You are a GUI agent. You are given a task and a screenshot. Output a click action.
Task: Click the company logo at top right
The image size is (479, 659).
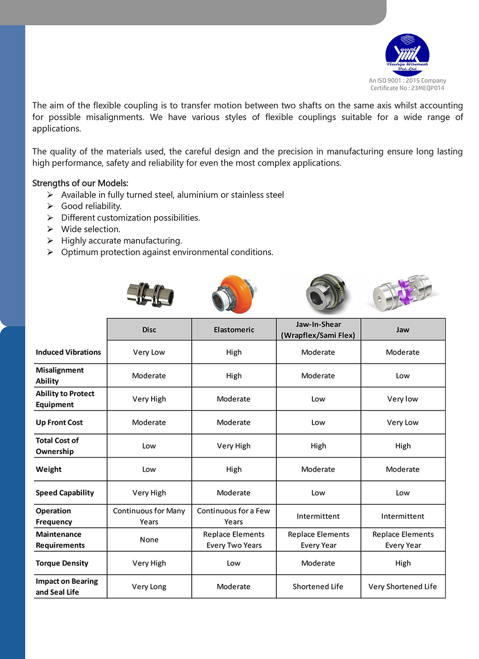point(407,55)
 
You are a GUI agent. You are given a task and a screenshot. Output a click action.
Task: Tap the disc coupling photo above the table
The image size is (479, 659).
point(150,294)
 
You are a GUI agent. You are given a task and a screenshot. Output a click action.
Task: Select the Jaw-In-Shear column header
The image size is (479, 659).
point(318,329)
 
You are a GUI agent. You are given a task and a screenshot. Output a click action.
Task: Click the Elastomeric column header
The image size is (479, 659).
point(234,329)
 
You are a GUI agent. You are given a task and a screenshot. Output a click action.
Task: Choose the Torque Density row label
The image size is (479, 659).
point(62,563)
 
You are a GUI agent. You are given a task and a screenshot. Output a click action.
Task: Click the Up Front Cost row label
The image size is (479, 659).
point(59,422)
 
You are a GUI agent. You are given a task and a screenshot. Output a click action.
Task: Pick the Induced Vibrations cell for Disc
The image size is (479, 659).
point(149,352)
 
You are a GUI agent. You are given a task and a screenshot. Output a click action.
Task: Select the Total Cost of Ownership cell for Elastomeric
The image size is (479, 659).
point(234,446)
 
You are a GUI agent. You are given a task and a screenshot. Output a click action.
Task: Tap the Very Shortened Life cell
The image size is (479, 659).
point(403,587)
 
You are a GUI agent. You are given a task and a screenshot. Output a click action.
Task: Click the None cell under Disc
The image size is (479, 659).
point(149,540)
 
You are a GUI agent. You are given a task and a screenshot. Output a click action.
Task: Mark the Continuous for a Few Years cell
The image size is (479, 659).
point(234,516)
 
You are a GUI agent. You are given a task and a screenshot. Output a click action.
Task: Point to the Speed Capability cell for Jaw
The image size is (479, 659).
point(403,493)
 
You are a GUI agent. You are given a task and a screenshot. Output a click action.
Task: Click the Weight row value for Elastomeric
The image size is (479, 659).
point(234,469)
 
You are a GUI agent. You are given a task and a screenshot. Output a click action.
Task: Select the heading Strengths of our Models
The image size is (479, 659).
point(80,183)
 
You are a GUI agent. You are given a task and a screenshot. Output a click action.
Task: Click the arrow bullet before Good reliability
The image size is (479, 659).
point(50,206)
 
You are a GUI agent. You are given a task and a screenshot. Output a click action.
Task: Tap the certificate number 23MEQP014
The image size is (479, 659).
point(427,88)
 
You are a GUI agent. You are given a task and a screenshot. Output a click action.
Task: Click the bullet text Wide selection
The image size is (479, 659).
point(91,229)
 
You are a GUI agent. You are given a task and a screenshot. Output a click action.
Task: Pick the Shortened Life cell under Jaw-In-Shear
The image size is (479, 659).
point(318,587)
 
